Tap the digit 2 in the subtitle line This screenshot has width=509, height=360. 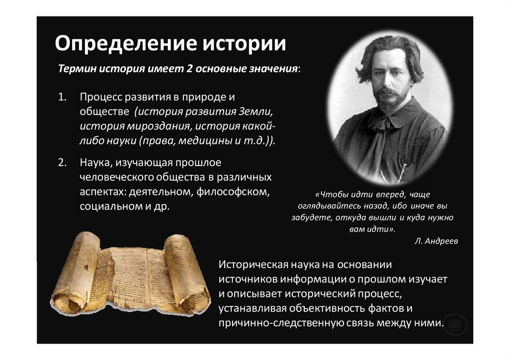189,68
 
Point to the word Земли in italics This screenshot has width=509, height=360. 256,109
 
